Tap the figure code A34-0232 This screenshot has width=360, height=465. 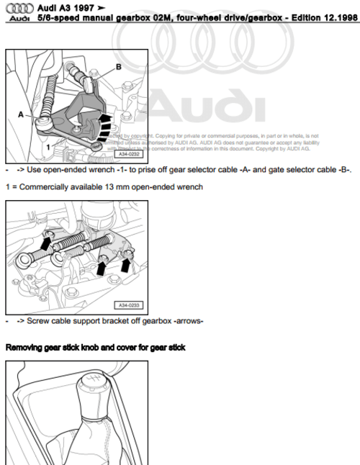coord(127,153)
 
